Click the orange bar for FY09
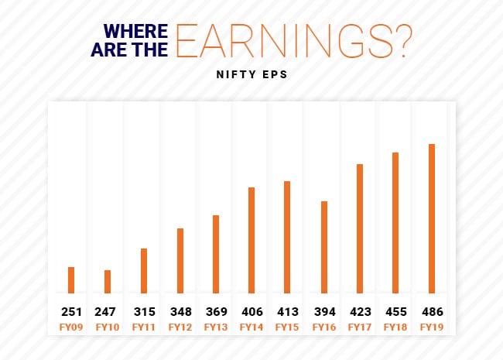(71, 279)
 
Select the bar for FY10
(108, 281)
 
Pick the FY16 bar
(324, 247)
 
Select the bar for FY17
(360, 228)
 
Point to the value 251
(71, 312)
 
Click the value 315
(143, 312)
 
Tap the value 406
(251, 312)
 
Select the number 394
(323, 312)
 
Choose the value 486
(432, 312)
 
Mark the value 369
(216, 312)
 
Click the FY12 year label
(180, 327)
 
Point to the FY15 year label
(288, 327)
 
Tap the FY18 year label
(395, 327)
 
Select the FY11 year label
(143, 327)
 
